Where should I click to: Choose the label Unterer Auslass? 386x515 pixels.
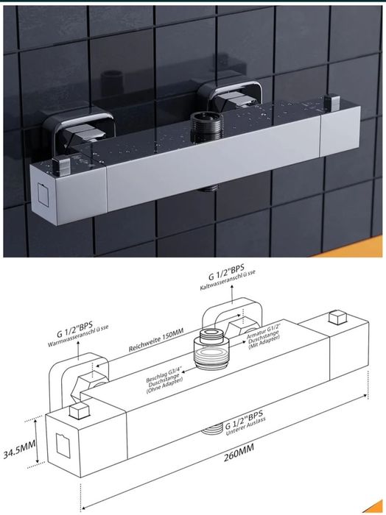(245, 426)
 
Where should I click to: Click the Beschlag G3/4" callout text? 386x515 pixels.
(164, 377)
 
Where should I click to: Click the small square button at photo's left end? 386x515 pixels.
(61, 166)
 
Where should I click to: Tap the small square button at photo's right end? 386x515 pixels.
(331, 102)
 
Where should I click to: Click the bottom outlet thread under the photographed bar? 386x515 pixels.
(211, 188)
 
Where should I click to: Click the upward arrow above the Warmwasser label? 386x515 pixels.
(79, 351)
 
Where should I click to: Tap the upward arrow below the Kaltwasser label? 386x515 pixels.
(232, 294)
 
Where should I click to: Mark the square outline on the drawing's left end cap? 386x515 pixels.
(63, 445)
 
